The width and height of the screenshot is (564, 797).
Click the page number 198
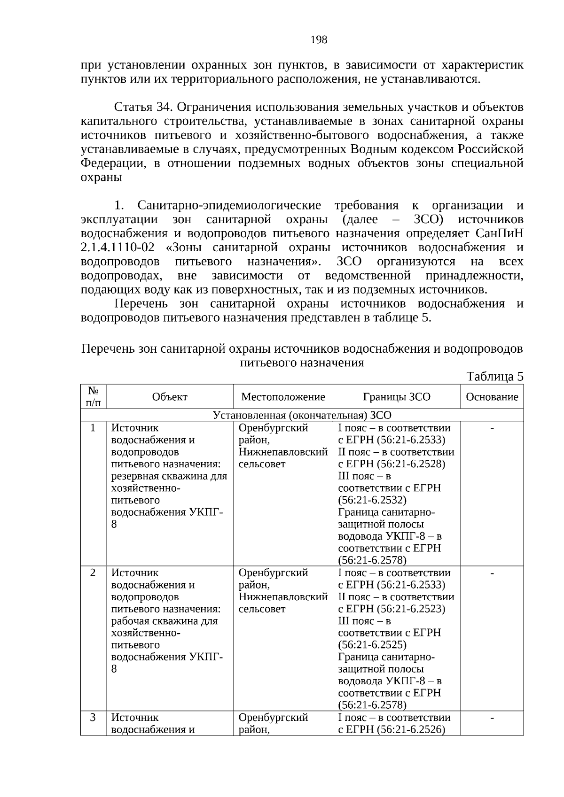319,40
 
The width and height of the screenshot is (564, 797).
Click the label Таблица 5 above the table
494,376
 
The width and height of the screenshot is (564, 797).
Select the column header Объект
170,397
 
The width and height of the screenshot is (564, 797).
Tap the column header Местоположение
283,397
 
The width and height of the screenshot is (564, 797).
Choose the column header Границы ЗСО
396,397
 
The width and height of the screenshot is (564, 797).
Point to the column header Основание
492,397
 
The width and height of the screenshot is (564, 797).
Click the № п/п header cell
93,397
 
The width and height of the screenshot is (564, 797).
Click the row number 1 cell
93,428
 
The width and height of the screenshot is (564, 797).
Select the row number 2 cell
93,573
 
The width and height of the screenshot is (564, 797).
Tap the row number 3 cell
93,718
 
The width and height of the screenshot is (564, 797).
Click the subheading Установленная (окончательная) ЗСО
302,415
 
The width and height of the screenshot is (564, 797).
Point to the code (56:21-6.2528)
411,464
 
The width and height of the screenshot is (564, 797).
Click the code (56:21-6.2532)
372,500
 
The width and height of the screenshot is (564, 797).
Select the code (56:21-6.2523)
411,609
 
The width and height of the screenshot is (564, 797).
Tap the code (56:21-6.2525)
372,645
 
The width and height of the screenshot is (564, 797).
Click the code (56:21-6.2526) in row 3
411,730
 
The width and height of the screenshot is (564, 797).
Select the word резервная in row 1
133,476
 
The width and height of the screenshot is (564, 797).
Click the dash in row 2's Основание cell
492,573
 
